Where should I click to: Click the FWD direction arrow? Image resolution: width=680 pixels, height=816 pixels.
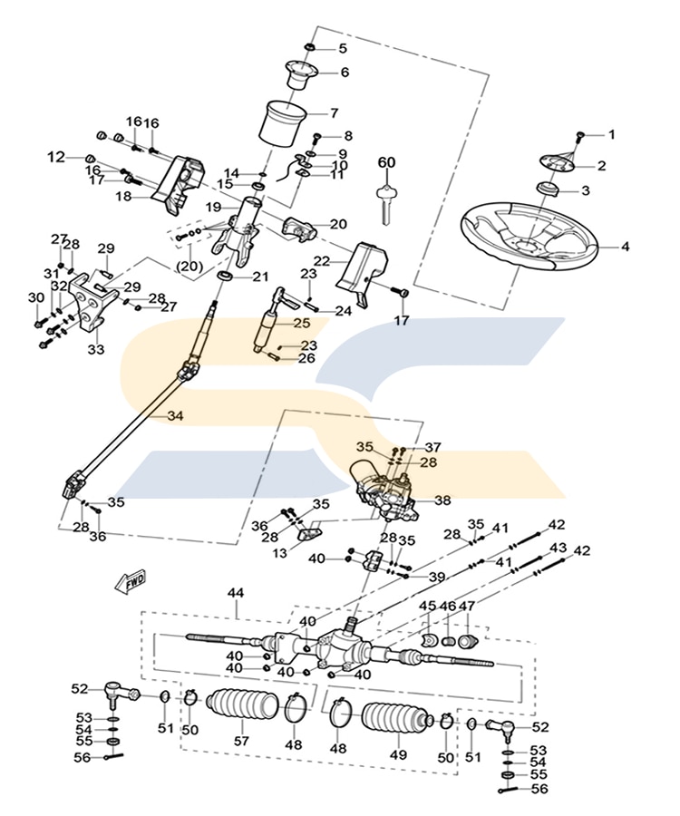[x=131, y=581]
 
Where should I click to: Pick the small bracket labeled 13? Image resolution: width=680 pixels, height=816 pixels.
[x=312, y=532]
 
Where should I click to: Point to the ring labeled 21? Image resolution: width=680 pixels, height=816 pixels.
[x=224, y=276]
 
